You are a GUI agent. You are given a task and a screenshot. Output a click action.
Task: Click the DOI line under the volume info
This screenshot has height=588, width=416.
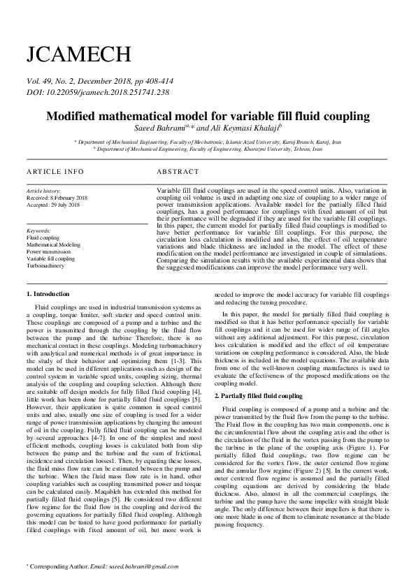(x=97, y=91)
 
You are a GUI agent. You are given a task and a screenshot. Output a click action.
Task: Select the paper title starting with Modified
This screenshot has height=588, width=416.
(x=208, y=116)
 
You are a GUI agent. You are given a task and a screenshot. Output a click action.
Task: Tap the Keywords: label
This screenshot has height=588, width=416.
(x=39, y=230)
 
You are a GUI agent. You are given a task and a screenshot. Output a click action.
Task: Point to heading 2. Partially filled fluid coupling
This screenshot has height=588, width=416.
(x=258, y=395)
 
